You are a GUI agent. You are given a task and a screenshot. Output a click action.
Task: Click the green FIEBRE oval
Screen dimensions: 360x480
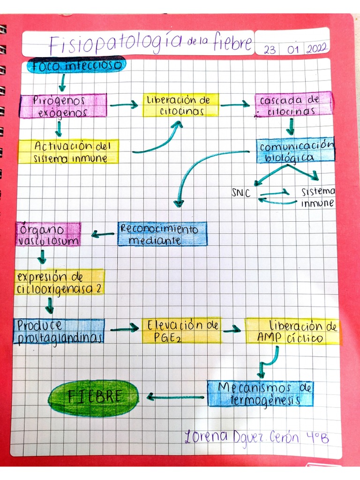click(93, 397)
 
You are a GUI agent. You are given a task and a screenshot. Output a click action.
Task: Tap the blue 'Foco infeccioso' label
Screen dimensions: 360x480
click(76, 65)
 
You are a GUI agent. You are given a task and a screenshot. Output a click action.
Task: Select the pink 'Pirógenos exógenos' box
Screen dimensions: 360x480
click(63, 106)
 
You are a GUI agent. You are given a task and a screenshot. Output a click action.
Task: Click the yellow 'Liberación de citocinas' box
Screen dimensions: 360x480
click(180, 105)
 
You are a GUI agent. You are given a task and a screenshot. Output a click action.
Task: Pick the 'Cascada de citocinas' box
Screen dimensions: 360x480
click(293, 105)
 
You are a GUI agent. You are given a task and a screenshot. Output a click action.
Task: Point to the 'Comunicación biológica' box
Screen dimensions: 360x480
click(295, 150)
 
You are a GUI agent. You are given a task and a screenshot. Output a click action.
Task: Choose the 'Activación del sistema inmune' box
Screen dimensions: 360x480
click(68, 152)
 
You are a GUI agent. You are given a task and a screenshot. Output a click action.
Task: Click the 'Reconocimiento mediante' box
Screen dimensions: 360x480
click(163, 234)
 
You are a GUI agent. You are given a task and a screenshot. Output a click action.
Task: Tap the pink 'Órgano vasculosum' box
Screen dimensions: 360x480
click(48, 234)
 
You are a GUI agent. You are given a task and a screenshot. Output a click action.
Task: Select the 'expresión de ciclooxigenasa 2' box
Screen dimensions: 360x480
click(60, 282)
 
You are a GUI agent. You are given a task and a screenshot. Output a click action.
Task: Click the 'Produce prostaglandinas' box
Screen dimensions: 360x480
click(59, 331)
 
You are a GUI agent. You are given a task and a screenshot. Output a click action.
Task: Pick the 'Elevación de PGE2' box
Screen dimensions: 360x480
click(181, 331)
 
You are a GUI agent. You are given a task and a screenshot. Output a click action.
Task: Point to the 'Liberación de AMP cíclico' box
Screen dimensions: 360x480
click(292, 332)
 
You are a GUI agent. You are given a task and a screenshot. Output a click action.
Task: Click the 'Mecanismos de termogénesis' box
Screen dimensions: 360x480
click(261, 394)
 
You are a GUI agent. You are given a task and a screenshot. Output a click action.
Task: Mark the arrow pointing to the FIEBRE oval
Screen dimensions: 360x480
click(175, 397)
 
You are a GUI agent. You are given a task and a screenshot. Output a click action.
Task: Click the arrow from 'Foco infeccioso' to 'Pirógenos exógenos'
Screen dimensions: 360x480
click(62, 82)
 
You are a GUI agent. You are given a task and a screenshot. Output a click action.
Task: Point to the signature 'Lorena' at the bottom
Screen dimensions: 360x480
click(206, 436)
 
